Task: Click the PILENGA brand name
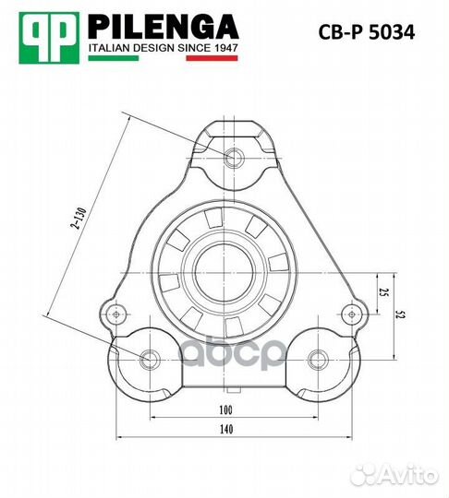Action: point(163,24)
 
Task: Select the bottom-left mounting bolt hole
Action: point(148,358)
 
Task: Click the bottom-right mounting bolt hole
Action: point(319,358)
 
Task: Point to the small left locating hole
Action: point(117,314)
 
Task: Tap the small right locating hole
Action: point(348,314)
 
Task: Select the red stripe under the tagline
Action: point(212,58)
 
